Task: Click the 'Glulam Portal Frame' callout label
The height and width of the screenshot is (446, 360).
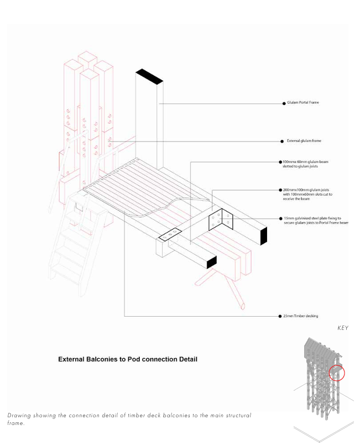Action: [302, 103]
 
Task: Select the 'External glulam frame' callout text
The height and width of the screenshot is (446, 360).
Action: [304, 141]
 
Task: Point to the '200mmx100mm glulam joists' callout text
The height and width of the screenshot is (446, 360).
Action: [310, 192]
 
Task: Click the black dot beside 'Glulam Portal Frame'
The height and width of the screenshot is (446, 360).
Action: [283, 103]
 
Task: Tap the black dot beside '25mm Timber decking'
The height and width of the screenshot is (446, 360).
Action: [279, 316]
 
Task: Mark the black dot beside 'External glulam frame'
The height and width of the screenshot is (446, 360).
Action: [281, 141]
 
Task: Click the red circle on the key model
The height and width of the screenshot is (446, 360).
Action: [336, 373]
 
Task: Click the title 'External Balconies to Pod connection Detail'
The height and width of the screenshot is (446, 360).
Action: [128, 359]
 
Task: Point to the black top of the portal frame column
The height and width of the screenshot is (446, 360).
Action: [149, 77]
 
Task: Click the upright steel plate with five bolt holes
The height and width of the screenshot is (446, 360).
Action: [222, 220]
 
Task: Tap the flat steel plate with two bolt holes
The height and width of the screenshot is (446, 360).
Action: [170, 234]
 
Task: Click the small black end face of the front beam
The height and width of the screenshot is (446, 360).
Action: [211, 263]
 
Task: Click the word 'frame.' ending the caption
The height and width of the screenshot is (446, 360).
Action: [16, 423]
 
